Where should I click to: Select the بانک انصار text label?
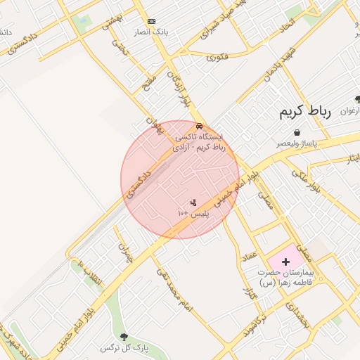point(151,32)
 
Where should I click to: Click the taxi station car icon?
point(199,126)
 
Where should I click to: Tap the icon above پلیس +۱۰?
point(193,202)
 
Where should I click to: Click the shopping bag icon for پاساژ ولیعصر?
point(297,132)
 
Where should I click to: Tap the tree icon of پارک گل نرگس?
point(124,337)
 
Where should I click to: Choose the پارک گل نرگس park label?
point(117,348)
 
